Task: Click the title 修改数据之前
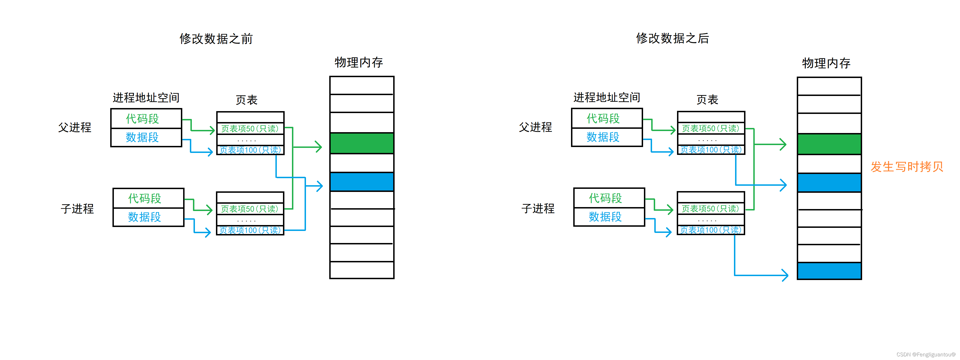[x=216, y=39]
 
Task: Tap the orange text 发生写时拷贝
[x=907, y=167]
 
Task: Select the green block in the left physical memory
[x=362, y=143]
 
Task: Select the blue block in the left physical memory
[x=362, y=182]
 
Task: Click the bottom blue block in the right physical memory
[x=829, y=271]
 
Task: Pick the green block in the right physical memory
[x=829, y=144]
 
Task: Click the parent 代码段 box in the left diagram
[x=146, y=118]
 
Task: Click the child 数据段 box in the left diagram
[x=148, y=217]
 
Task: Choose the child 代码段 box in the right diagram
[x=609, y=198]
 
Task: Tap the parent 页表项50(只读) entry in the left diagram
[x=250, y=129]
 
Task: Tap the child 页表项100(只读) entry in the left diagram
[x=250, y=230]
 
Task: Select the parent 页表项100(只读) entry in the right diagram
[x=711, y=150]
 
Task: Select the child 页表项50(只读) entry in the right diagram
[x=711, y=209]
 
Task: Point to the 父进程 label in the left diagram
[x=75, y=127]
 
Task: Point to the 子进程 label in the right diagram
[x=538, y=208]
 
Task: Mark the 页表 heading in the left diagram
[x=246, y=100]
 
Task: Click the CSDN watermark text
[x=926, y=354]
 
